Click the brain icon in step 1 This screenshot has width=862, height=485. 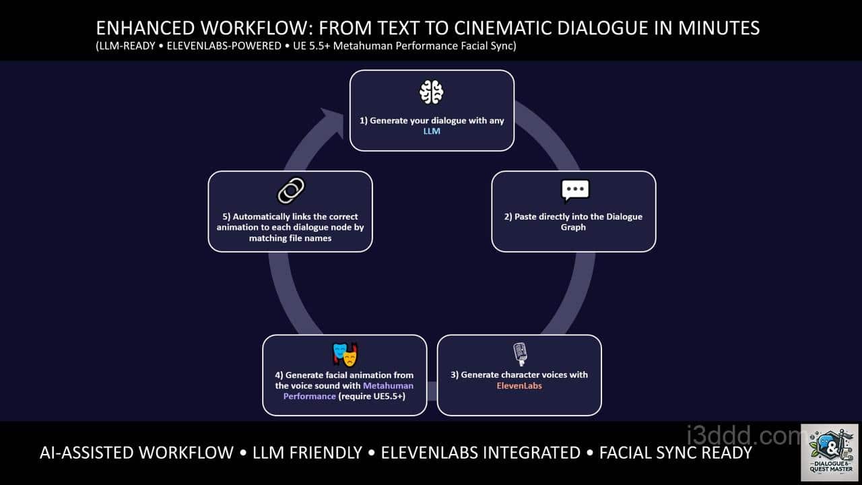coord(432,92)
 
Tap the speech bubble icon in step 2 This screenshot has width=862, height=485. coord(574,192)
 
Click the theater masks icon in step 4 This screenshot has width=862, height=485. coord(345,354)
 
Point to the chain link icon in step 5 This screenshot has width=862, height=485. coord(290,191)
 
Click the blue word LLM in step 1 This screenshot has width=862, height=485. coord(432,131)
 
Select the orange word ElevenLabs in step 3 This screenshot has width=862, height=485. coord(519,386)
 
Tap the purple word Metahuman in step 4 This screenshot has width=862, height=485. coord(389,386)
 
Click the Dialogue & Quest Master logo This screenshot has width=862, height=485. coord(830,452)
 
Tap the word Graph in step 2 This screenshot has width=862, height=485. coord(573,228)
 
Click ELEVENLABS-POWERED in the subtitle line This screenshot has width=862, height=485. coord(225,46)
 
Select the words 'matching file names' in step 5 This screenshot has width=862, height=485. coord(290,238)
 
